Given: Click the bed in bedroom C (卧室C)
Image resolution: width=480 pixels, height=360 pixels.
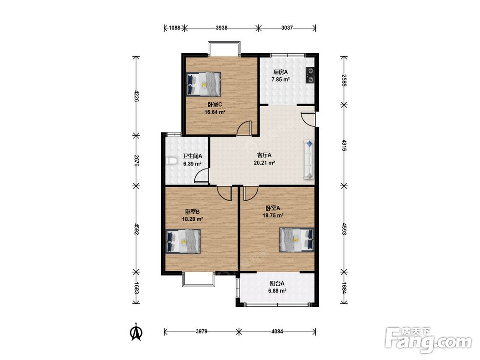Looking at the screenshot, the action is point(204,84).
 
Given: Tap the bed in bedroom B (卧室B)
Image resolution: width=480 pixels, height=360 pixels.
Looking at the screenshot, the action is point(183,241).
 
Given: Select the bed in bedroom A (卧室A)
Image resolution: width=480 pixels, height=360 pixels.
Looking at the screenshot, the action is point(297,240).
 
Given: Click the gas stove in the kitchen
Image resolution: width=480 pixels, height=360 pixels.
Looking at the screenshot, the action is point(311,75).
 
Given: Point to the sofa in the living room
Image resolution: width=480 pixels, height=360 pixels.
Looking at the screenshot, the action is point(309,159).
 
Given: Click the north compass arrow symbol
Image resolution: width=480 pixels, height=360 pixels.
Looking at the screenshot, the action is point(136,332).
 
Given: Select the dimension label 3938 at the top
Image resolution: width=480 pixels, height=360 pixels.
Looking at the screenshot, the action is point(222,28).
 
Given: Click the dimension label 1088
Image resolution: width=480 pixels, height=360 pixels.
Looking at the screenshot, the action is point(175,28).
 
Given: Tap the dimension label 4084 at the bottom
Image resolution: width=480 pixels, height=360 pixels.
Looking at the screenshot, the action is point(277,331).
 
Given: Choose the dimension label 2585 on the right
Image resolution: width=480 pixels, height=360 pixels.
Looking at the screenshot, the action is point(344,80).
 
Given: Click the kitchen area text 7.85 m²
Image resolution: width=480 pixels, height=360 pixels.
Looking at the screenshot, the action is point(280,79).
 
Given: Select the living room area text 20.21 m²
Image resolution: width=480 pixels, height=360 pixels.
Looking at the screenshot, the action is point(264,163).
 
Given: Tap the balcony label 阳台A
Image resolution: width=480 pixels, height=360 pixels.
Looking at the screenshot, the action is point(277,284).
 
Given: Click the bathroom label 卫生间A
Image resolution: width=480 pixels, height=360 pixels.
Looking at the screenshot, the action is point(192,156).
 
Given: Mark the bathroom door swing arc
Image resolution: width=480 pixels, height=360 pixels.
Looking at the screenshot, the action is point(202,176).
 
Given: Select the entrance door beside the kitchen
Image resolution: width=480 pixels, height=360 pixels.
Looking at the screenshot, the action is point(308,118).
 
